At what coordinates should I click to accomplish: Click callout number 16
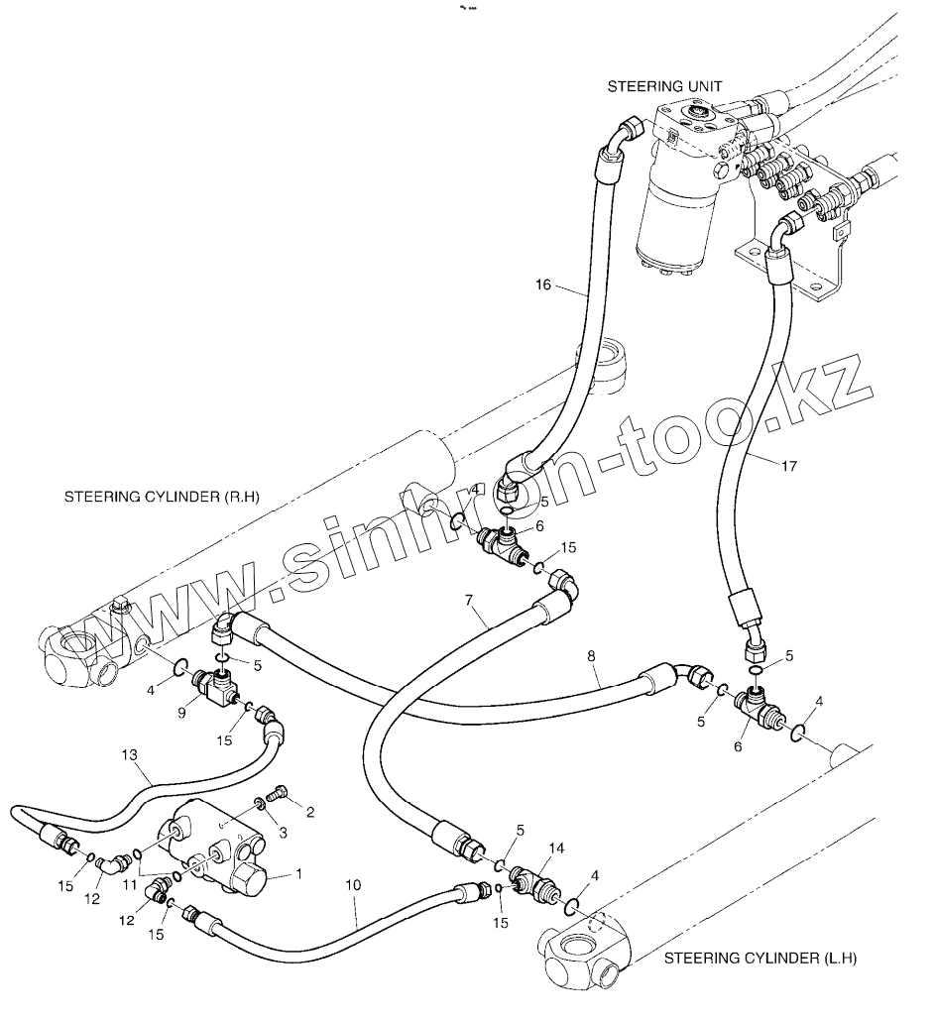pos(542,284)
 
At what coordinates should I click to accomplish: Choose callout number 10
pos(355,885)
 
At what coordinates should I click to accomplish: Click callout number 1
pos(299,875)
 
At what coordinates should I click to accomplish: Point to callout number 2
pos(309,813)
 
